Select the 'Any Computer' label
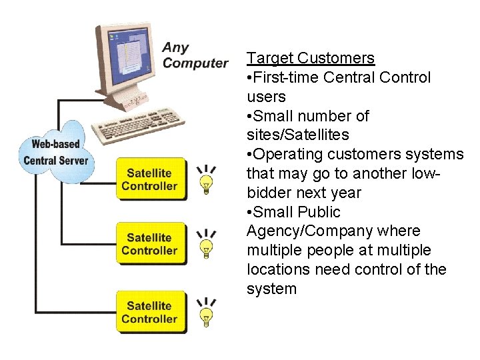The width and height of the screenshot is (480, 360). click(195, 55)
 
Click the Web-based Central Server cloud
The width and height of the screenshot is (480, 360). click(57, 152)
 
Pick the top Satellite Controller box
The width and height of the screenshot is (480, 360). click(149, 179)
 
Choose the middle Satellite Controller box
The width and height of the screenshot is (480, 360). click(149, 243)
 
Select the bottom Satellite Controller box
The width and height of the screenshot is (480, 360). click(149, 312)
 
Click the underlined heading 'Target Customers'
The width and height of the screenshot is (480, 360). click(310, 58)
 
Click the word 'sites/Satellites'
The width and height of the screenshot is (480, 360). click(297, 135)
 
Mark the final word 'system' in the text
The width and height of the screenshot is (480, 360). click(271, 289)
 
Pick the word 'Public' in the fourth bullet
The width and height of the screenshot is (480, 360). click(318, 212)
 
